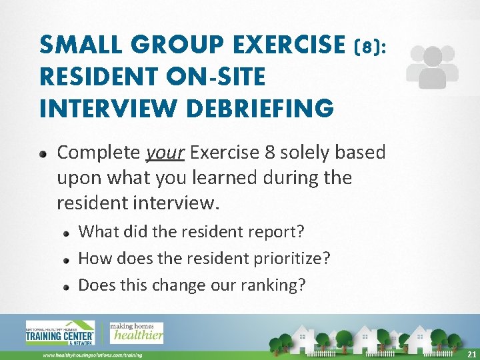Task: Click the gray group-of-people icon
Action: click(432, 67)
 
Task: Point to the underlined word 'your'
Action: click(165, 153)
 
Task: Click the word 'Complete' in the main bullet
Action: click(98, 153)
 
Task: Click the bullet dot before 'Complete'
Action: click(43, 153)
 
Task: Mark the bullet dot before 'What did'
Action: click(66, 233)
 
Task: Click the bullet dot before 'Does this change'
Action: click(66, 286)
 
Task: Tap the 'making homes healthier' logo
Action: click(136, 332)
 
